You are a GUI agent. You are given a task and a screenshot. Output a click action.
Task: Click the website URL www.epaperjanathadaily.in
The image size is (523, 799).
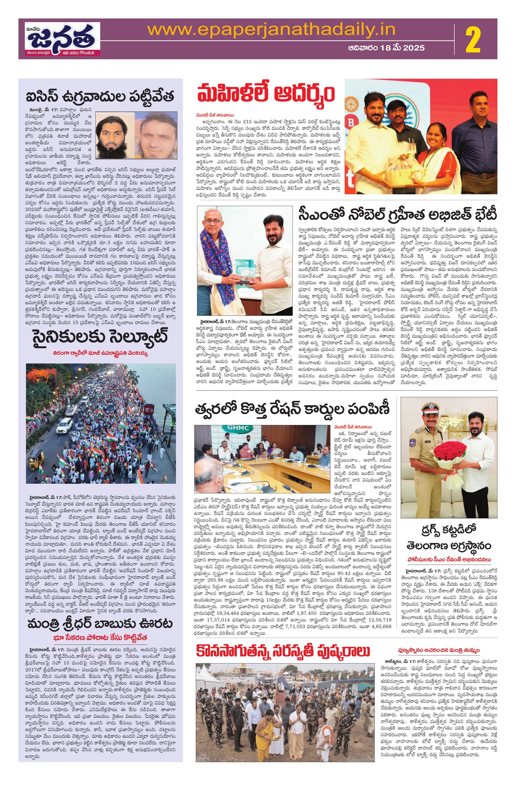click(x=271, y=30)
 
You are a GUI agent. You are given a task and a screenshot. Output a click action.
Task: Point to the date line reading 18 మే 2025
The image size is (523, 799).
click(x=386, y=48)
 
